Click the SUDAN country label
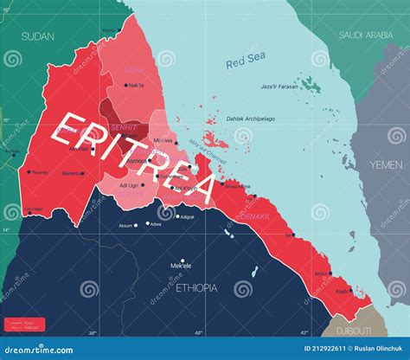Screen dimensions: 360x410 38,36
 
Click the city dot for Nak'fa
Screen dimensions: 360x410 125,85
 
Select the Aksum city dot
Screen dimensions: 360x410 136,225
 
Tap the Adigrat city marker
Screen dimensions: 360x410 177,216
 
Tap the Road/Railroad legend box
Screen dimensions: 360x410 23,325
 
